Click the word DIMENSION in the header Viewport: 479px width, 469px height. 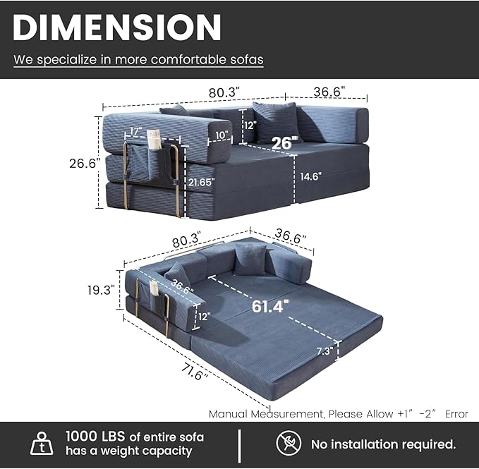click(116, 28)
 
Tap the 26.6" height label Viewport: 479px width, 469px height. click(85, 164)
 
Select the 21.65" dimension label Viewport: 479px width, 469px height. click(201, 182)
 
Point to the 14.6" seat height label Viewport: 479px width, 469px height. click(311, 176)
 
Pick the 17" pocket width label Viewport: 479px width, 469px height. click(135, 131)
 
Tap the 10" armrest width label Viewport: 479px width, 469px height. click(222, 135)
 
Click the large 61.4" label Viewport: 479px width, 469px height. click(270, 306)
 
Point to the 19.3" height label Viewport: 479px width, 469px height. click(101, 290)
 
